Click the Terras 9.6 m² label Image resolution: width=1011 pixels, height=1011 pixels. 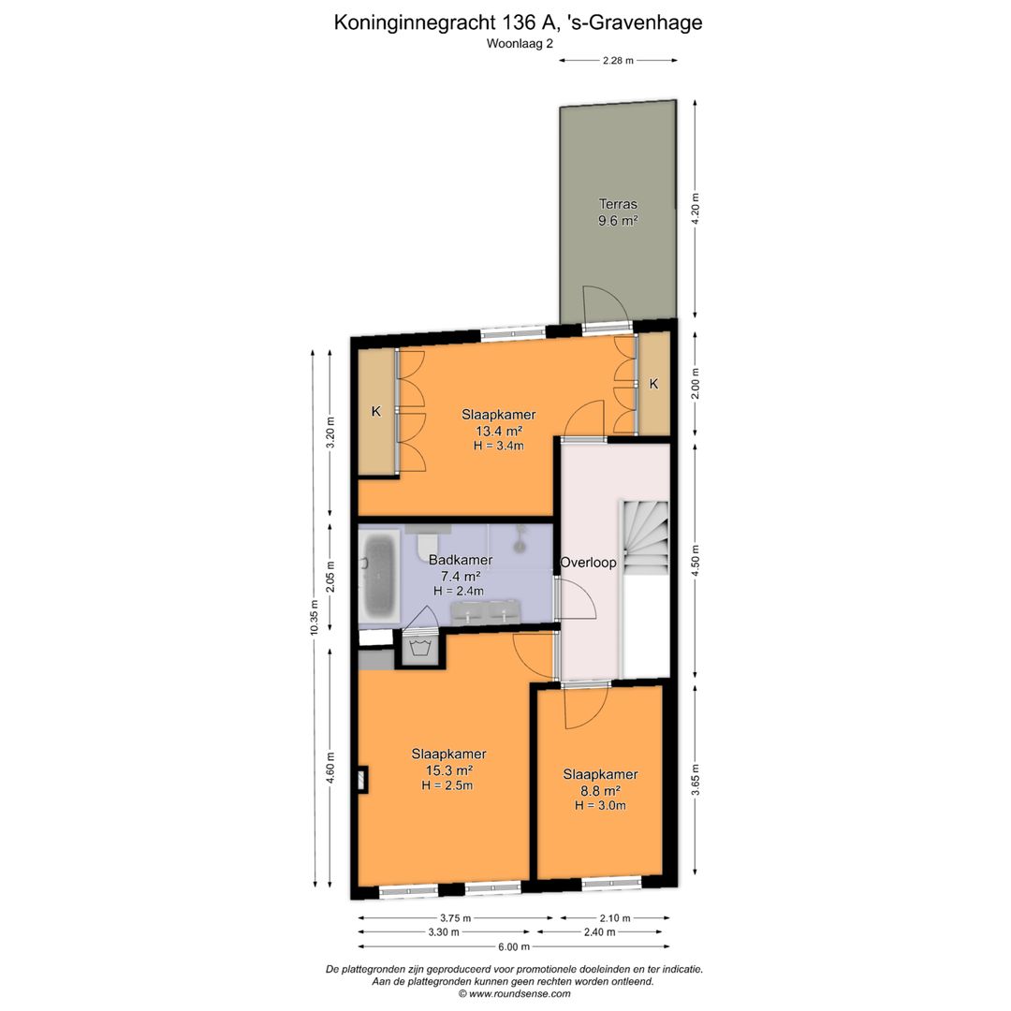pyautogui.click(x=618, y=212)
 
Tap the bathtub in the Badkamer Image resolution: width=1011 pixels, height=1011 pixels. pyautogui.click(x=380, y=575)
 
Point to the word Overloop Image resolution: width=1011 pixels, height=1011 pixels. pyautogui.click(x=588, y=563)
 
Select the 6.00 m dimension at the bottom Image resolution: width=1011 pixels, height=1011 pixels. pyautogui.click(x=514, y=947)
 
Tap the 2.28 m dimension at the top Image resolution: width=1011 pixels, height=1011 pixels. pyautogui.click(x=618, y=60)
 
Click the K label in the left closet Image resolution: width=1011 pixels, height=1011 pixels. pyautogui.click(x=375, y=410)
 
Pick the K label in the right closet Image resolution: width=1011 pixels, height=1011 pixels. pyautogui.click(x=653, y=383)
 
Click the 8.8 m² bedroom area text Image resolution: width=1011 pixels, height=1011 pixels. pyautogui.click(x=600, y=790)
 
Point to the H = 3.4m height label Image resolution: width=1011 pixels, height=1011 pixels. pyautogui.click(x=498, y=446)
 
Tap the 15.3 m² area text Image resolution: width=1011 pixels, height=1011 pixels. pyautogui.click(x=447, y=770)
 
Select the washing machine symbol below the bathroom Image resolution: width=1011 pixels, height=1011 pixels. pyautogui.click(x=418, y=647)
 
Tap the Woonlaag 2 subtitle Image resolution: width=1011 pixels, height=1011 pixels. pyautogui.click(x=519, y=43)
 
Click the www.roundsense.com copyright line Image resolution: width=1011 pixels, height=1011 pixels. pyautogui.click(x=513, y=994)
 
